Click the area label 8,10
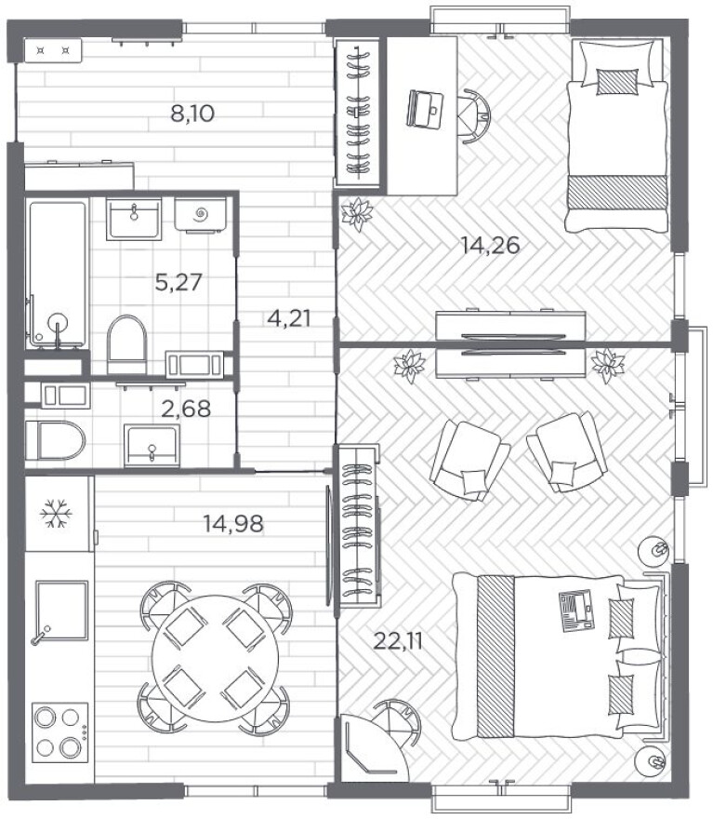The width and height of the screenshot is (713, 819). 192,114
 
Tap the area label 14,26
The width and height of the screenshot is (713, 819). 490,245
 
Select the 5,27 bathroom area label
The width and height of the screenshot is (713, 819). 178,282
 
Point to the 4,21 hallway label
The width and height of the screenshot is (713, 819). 288,317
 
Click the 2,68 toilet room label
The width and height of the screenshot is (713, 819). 186,409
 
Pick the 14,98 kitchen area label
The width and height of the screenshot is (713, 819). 233,523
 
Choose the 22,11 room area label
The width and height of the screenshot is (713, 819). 398,641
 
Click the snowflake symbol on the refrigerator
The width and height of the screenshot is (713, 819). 56,514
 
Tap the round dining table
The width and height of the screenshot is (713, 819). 216,659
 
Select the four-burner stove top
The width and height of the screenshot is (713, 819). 60,732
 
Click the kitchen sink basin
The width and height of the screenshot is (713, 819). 61,611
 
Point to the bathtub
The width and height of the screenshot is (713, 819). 57,274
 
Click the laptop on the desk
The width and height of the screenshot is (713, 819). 425,109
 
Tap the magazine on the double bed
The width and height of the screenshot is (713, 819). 575,611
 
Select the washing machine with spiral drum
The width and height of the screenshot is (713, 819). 200,214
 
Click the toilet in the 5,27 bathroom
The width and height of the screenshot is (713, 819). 126,343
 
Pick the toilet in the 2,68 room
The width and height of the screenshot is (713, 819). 55,440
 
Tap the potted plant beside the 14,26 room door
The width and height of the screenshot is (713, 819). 357,214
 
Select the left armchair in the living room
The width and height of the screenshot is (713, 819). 469,460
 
